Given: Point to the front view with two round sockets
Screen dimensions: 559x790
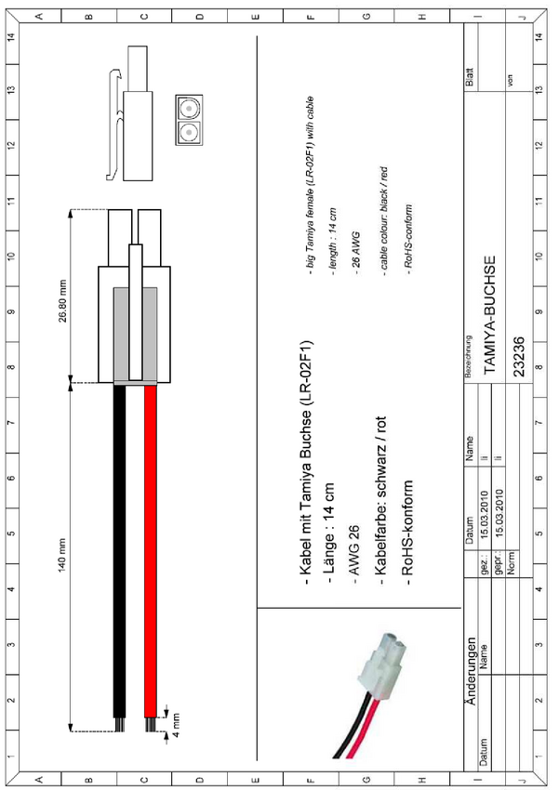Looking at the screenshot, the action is (x=189, y=119).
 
